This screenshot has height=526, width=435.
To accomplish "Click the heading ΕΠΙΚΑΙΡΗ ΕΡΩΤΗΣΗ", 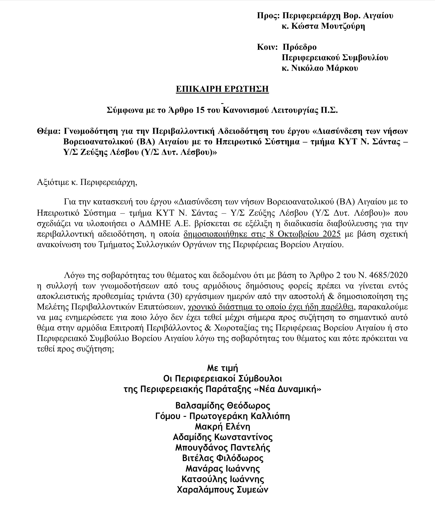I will [222, 89].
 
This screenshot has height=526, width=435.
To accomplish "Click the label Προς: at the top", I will [268, 16].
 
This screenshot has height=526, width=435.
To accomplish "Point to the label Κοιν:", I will [267, 47].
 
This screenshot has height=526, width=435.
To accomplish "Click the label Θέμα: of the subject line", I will [49, 131].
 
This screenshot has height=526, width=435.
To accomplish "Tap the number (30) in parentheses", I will [172, 296].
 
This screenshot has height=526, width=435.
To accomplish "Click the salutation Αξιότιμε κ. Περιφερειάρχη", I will [87, 182].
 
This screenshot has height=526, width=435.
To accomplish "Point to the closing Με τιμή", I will [222, 368].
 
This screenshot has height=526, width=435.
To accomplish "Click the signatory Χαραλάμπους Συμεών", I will [222, 490].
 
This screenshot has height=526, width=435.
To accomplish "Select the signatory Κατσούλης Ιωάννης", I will [222, 479].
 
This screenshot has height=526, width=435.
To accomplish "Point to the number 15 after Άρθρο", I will [200, 111].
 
